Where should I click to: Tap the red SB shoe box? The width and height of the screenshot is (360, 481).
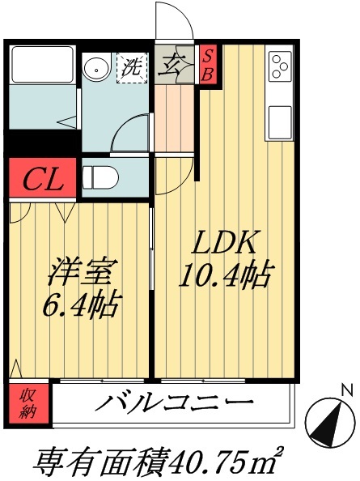pos(208,63)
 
